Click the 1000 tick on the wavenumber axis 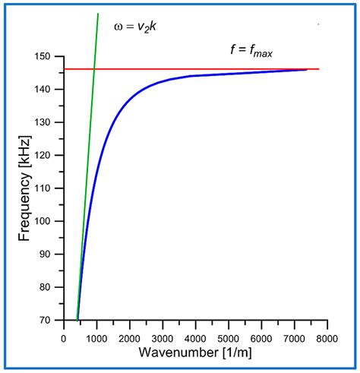point(96,331)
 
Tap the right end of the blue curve point(307,69)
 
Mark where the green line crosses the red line point(93,69)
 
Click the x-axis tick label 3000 point(163,331)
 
